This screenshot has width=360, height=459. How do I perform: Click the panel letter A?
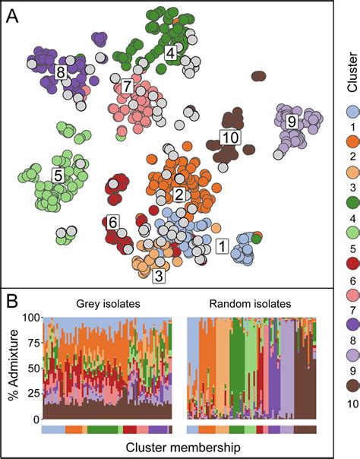pyautogui.click(x=14, y=16)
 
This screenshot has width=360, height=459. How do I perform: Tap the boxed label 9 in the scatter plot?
pyautogui.click(x=290, y=121)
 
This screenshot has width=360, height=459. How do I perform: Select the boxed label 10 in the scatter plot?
pyautogui.click(x=229, y=137)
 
